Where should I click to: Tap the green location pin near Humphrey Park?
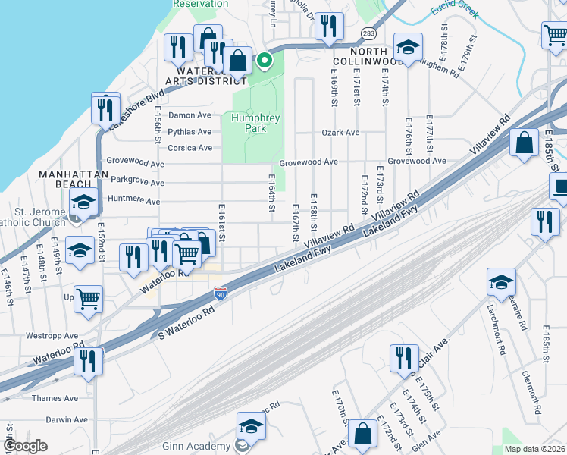tap(265, 60)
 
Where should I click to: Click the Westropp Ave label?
tap(52, 335)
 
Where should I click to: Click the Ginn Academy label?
tap(199, 446)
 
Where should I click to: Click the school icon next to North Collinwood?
tap(408, 47)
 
